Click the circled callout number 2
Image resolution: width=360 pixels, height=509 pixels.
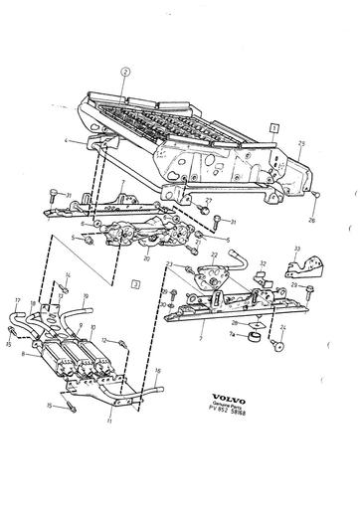(124, 72)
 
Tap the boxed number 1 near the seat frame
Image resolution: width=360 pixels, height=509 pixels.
(272, 127)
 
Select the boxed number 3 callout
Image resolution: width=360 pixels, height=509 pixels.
(134, 284)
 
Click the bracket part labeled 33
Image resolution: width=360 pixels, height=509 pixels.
(308, 263)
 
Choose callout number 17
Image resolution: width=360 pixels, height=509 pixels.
(17, 300)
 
